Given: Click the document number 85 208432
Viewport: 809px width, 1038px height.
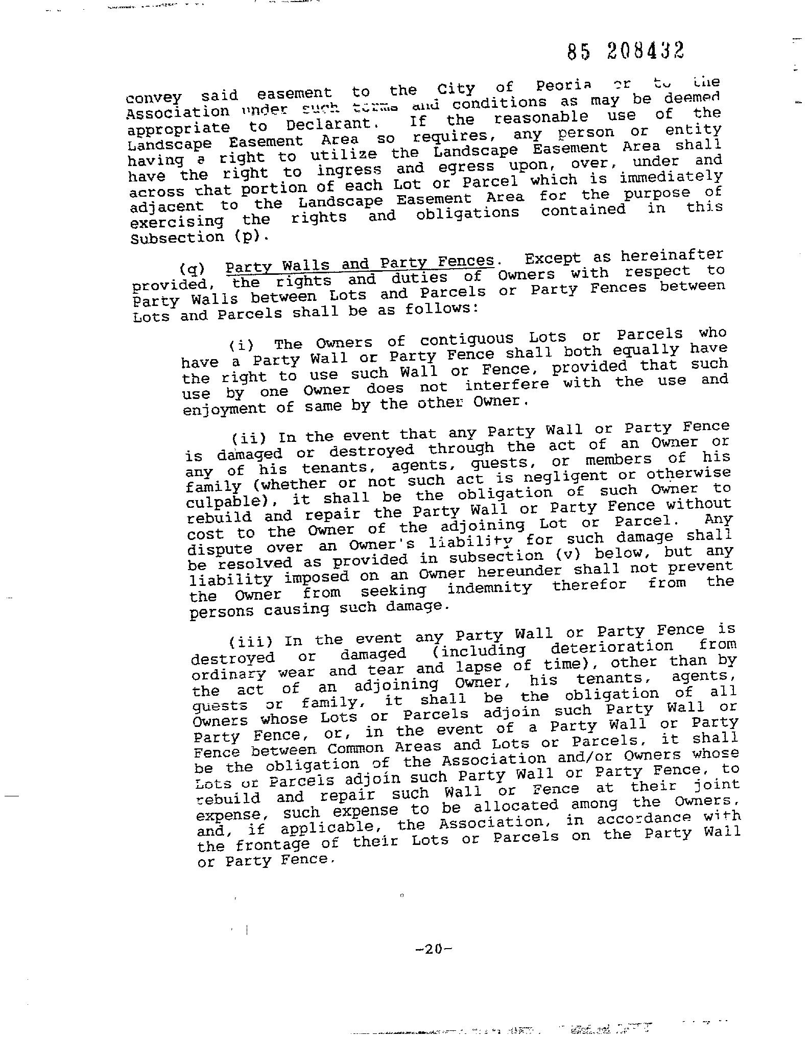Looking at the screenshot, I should [x=626, y=51].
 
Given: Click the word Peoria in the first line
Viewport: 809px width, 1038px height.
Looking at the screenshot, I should [x=563, y=85].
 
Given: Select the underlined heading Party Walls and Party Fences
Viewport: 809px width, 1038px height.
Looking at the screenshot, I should [x=360, y=264].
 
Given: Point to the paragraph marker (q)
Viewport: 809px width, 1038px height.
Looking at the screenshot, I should [x=192, y=269].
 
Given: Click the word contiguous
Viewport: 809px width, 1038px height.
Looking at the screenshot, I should [x=467, y=339].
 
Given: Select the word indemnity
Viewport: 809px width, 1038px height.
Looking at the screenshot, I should [x=489, y=588].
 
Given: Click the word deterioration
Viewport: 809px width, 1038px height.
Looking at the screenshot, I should [x=612, y=647].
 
